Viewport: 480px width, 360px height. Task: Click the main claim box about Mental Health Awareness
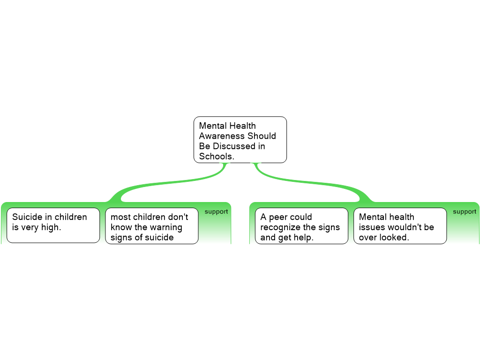pos(240,140)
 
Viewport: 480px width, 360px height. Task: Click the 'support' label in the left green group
pos(216,212)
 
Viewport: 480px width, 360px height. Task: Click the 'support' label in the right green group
pos(465,212)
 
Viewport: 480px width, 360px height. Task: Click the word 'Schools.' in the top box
pos(217,157)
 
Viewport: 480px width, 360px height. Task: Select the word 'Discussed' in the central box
pos(234,146)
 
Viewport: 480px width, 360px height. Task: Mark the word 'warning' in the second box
pos(166,227)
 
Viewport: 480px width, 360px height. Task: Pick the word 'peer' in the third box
pos(278,217)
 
